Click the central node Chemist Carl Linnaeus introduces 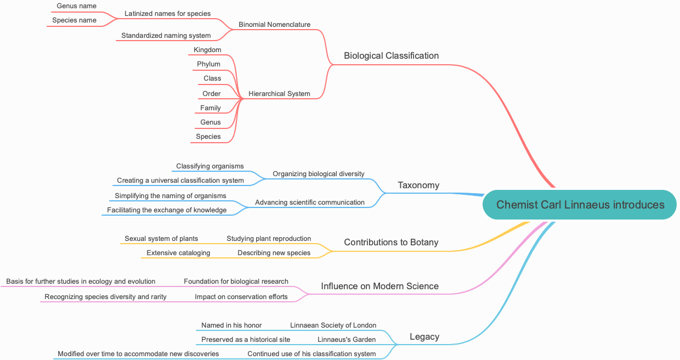[580, 205]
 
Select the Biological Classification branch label [391, 55]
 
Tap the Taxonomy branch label [418, 185]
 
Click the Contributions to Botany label [391, 242]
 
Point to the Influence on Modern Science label [379, 286]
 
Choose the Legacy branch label [424, 336]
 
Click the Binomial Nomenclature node [274, 25]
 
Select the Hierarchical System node [279, 94]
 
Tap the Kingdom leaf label [207, 50]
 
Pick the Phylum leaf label [208, 64]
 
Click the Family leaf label [211, 108]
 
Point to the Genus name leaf [76, 6]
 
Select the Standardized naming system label [166, 36]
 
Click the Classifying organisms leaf [209, 166]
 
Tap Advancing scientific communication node [309, 203]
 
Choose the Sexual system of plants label [161, 239]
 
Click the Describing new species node [274, 253]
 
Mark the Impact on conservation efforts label [241, 297]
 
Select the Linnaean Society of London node [333, 325]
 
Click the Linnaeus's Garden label [347, 340]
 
